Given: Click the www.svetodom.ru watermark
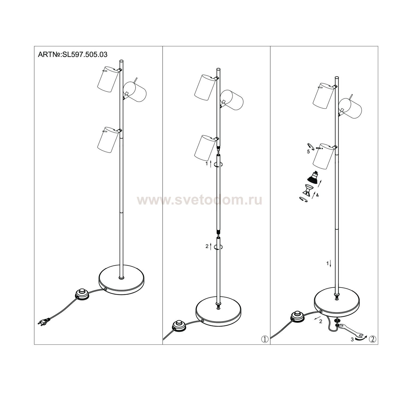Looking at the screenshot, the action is point(200,200).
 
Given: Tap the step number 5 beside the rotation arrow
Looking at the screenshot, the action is point(308,152).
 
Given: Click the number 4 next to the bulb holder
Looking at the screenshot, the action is point(317,195).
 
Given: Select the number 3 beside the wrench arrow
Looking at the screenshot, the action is point(352,340).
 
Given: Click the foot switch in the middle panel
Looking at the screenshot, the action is point(180,327).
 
